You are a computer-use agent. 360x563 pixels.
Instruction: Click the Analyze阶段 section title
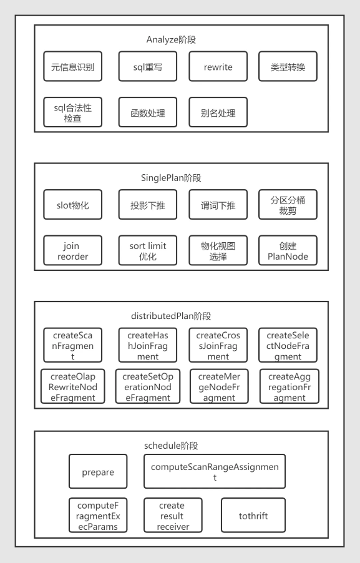pos(171,39)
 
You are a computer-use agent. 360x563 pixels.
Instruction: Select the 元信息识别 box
pos(73,66)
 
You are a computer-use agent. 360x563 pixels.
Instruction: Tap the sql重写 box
pos(148,66)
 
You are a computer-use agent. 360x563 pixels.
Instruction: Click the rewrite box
pos(218,66)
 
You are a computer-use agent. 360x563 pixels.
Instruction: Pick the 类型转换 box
pos(288,66)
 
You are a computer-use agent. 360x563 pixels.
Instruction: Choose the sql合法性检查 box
pos(73,112)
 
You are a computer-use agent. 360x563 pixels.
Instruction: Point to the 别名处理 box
pos(218,112)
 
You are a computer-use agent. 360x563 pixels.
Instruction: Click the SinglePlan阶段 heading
pos(171,178)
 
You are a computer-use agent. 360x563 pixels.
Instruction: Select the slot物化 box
pos(73,205)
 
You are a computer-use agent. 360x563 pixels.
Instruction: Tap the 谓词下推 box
pos(218,205)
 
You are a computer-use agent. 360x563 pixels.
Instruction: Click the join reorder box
pos(73,250)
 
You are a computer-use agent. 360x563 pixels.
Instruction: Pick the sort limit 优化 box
pos(148,250)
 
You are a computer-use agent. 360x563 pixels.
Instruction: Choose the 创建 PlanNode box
pos(288,250)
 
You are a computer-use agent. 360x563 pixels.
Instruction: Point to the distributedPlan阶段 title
pos(171,316)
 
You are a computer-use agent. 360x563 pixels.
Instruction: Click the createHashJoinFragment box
pos(148,345)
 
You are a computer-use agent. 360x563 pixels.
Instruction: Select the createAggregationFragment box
pos(289,386)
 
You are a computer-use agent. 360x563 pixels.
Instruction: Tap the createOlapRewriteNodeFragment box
pos(73,386)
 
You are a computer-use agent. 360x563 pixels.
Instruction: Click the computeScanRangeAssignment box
pos(215,471)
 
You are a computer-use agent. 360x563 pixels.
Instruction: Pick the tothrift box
pos(253,515)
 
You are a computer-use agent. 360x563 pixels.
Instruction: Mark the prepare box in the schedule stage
pos(98,471)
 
